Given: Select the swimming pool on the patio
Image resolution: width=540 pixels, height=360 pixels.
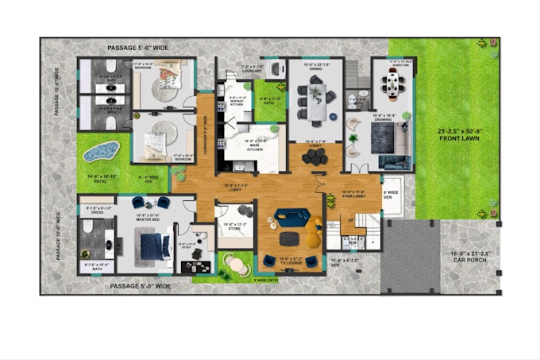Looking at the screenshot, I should point(102,150).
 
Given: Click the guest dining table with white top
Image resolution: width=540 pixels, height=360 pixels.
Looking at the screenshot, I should point(392,81).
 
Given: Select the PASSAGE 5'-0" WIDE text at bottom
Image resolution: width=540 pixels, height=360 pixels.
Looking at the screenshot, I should point(141,285).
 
